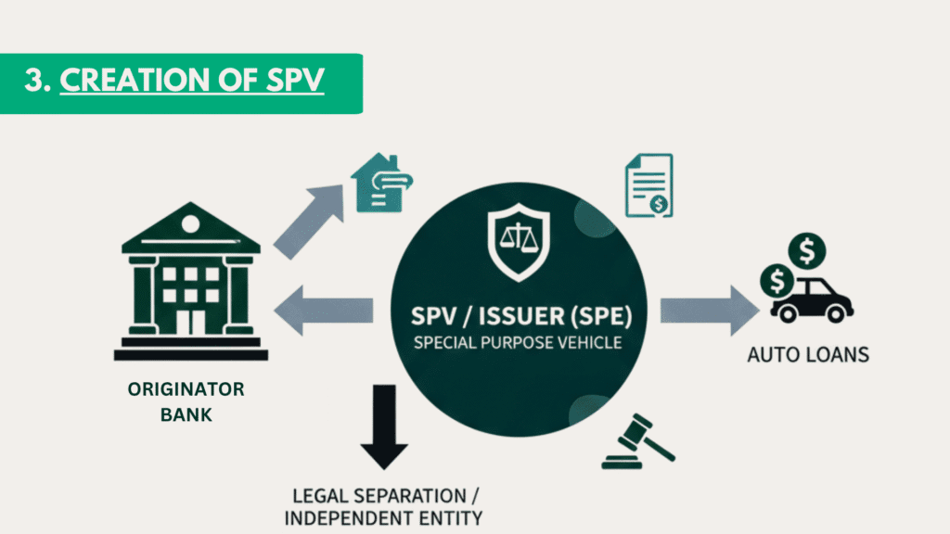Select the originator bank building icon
click(x=190, y=282)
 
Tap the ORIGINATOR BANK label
click(x=186, y=401)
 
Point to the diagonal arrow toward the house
click(x=308, y=220)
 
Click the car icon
click(x=813, y=299)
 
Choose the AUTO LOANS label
click(x=808, y=355)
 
